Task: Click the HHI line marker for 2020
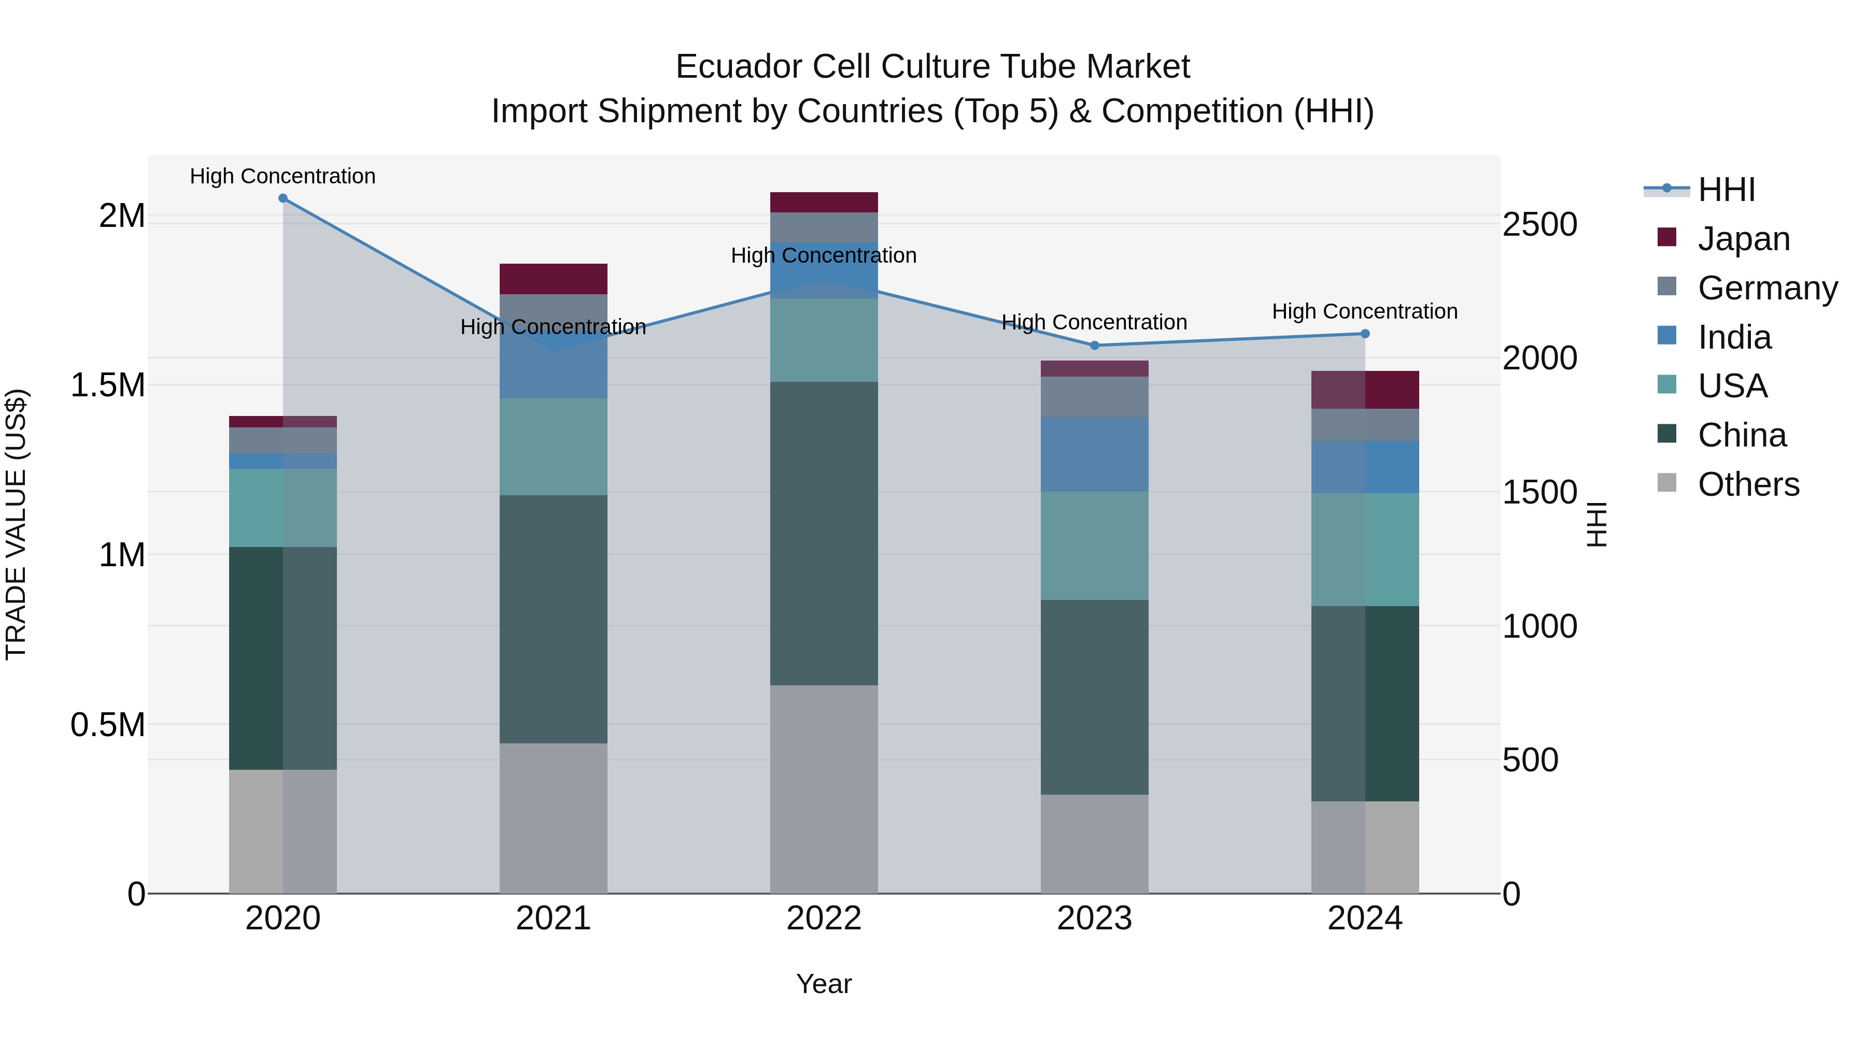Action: click(283, 198)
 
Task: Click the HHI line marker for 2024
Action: click(1365, 334)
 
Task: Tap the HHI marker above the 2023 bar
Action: click(1095, 346)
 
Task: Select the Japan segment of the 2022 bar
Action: click(824, 202)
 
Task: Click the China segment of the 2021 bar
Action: click(554, 619)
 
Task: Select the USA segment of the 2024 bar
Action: click(1365, 550)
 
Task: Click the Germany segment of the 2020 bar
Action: click(283, 440)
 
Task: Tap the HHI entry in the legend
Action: click(1726, 190)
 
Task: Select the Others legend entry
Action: click(1747, 484)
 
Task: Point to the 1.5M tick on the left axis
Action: click(108, 385)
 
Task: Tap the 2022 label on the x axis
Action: click(824, 918)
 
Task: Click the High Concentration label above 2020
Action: click(282, 176)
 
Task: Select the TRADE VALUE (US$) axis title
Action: click(16, 524)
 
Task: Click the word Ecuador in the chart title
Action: click(739, 67)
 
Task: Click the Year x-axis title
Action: click(824, 984)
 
